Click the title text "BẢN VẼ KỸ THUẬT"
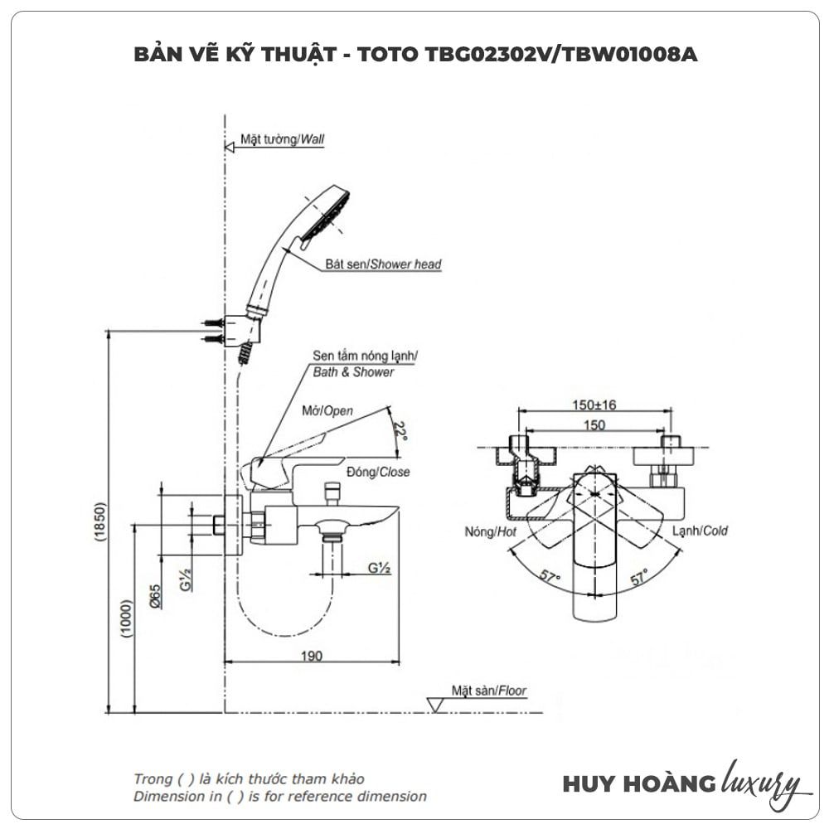pos(232,55)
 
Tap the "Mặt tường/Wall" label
pos(282,140)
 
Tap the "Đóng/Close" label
pos(378,472)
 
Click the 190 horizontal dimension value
pos(311,656)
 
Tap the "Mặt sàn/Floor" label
pos(488,690)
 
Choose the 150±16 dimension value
pos(594,405)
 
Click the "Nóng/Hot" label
pos(491,531)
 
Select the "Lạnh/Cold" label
pos(700,531)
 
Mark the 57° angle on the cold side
pos(638,578)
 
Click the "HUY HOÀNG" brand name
pos(627,783)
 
